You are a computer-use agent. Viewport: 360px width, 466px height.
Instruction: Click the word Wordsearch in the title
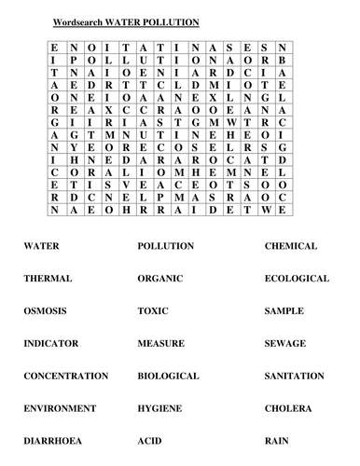click(x=91, y=21)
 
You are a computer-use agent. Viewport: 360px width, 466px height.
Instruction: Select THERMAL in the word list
click(x=47, y=279)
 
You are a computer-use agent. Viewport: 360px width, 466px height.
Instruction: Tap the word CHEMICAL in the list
click(x=291, y=246)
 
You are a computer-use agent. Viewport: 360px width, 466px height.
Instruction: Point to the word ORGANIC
click(x=160, y=279)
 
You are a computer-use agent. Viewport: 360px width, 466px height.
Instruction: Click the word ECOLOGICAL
click(x=297, y=279)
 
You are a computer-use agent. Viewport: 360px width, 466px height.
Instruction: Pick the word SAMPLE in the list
click(x=284, y=311)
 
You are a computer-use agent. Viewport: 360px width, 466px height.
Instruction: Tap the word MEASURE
click(x=161, y=344)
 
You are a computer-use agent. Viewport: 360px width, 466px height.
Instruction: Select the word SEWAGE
click(x=284, y=344)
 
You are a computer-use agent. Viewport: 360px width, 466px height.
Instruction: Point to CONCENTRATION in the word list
click(x=65, y=376)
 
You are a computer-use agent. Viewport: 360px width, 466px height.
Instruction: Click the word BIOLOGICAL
click(x=168, y=376)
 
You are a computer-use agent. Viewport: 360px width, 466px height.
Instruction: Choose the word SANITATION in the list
click(x=295, y=376)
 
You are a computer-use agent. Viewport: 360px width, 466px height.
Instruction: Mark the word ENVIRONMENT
click(x=60, y=408)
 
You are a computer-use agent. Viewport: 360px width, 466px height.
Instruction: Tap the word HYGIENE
click(x=160, y=408)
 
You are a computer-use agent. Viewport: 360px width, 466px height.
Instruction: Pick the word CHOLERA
click(x=288, y=408)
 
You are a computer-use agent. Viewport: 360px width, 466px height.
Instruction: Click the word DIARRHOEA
click(x=52, y=440)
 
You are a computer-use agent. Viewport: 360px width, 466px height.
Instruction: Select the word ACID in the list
click(x=149, y=440)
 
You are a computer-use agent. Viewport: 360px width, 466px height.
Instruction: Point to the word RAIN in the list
click(x=277, y=440)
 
